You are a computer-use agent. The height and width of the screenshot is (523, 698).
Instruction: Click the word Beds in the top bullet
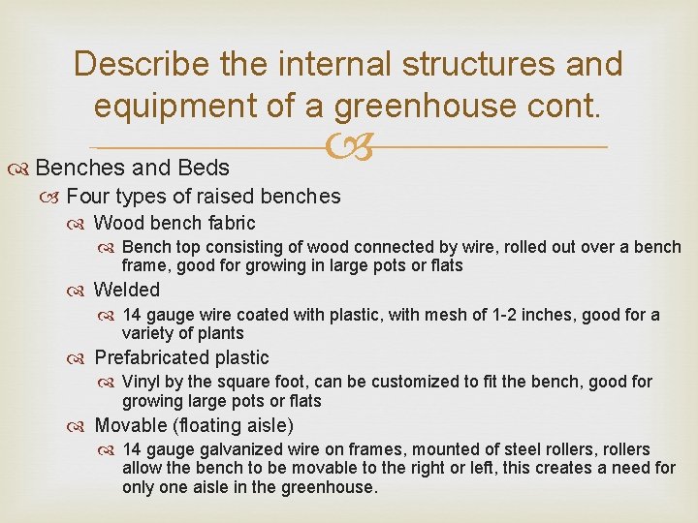pos(204,167)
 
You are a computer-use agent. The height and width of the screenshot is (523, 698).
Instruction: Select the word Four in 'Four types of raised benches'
pos(89,197)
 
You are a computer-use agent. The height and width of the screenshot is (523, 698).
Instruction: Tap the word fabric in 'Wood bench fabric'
pos(226,224)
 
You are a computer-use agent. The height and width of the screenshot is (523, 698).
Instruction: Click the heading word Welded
pos(127,290)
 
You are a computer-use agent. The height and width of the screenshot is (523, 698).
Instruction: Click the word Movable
pos(131,425)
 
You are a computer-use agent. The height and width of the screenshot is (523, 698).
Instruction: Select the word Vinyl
pos(141,382)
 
